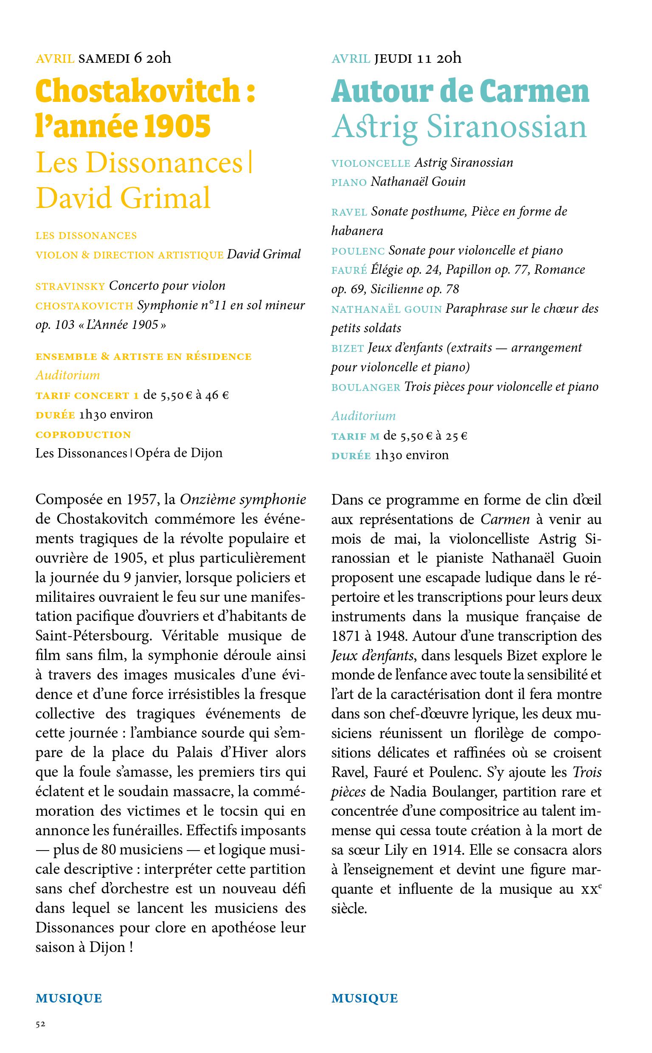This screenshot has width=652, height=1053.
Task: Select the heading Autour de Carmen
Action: pos(460,91)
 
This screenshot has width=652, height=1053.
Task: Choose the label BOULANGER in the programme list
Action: pos(365,388)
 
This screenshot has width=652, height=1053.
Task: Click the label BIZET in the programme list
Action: pos(348,348)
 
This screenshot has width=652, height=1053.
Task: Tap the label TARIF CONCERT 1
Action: pos(87,396)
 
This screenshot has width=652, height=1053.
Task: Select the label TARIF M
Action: pos(355,437)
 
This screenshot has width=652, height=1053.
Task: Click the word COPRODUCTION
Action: pos(83,435)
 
